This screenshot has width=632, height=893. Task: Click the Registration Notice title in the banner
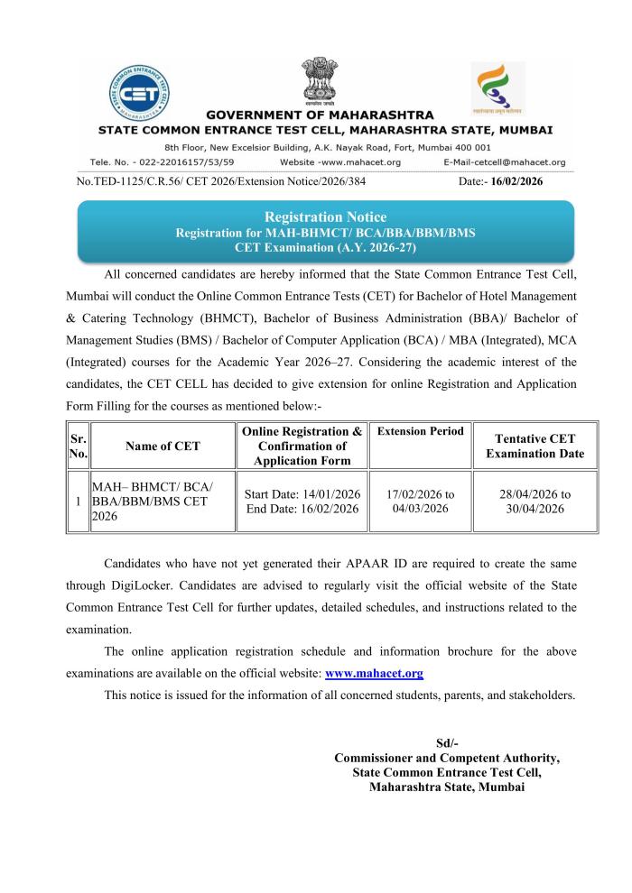tap(324, 217)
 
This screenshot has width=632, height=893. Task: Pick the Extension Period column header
tap(421, 432)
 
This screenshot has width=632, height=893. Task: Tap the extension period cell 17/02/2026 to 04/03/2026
tap(421, 502)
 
